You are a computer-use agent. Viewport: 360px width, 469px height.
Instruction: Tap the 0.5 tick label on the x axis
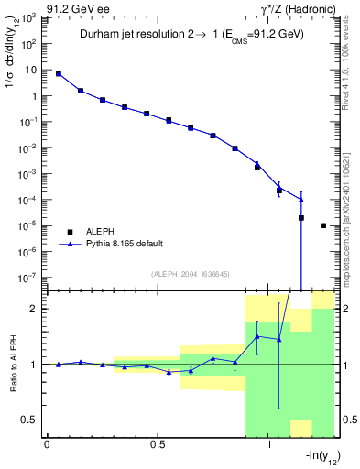coord(158,444)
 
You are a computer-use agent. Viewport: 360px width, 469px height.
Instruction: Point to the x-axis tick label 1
coord(268,444)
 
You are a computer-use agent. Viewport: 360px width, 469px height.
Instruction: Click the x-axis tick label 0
coord(47,444)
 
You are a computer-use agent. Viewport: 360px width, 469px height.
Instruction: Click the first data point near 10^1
coord(59,73)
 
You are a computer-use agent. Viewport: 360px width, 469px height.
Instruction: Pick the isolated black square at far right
coord(323,225)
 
